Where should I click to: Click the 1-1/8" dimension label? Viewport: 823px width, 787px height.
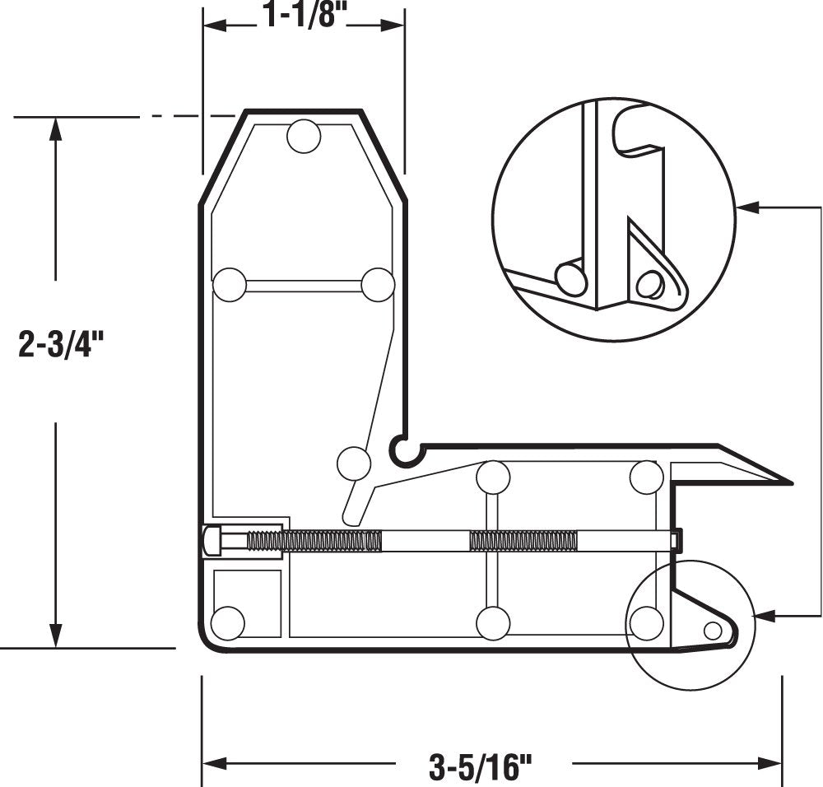(301, 16)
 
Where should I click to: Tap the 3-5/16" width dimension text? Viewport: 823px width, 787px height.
(481, 768)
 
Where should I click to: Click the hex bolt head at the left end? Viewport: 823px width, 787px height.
(212, 541)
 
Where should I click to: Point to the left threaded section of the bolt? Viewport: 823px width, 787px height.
(314, 541)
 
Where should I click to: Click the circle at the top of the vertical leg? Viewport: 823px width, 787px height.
(304, 136)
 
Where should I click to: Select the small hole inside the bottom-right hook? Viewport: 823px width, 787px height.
(713, 631)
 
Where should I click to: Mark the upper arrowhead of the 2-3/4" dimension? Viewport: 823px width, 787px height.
(56, 128)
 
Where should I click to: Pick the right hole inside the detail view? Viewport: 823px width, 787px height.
(650, 285)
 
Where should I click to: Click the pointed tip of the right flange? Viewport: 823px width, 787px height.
(789, 482)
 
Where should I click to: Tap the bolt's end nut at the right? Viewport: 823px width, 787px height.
(676, 540)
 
